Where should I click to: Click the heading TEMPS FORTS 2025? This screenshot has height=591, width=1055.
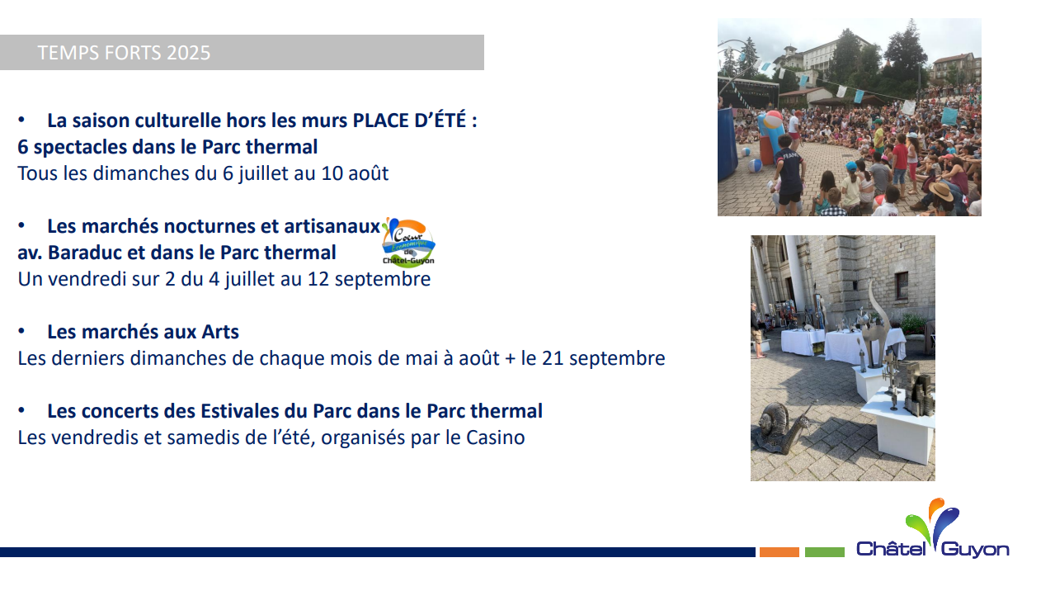click(124, 53)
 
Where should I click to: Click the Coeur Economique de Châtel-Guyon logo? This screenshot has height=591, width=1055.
click(408, 242)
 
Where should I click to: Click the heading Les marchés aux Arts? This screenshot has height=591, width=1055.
click(144, 332)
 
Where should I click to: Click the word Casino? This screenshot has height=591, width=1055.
click(496, 437)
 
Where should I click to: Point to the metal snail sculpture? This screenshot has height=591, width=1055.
click(780, 428)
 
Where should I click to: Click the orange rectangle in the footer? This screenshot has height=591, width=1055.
click(779, 552)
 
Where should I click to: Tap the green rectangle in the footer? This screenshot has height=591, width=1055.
click(825, 552)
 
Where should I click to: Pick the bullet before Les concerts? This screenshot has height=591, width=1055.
click(21, 410)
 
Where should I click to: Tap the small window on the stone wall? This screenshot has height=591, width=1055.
click(901, 286)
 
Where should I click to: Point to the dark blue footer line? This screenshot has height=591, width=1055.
click(378, 552)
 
